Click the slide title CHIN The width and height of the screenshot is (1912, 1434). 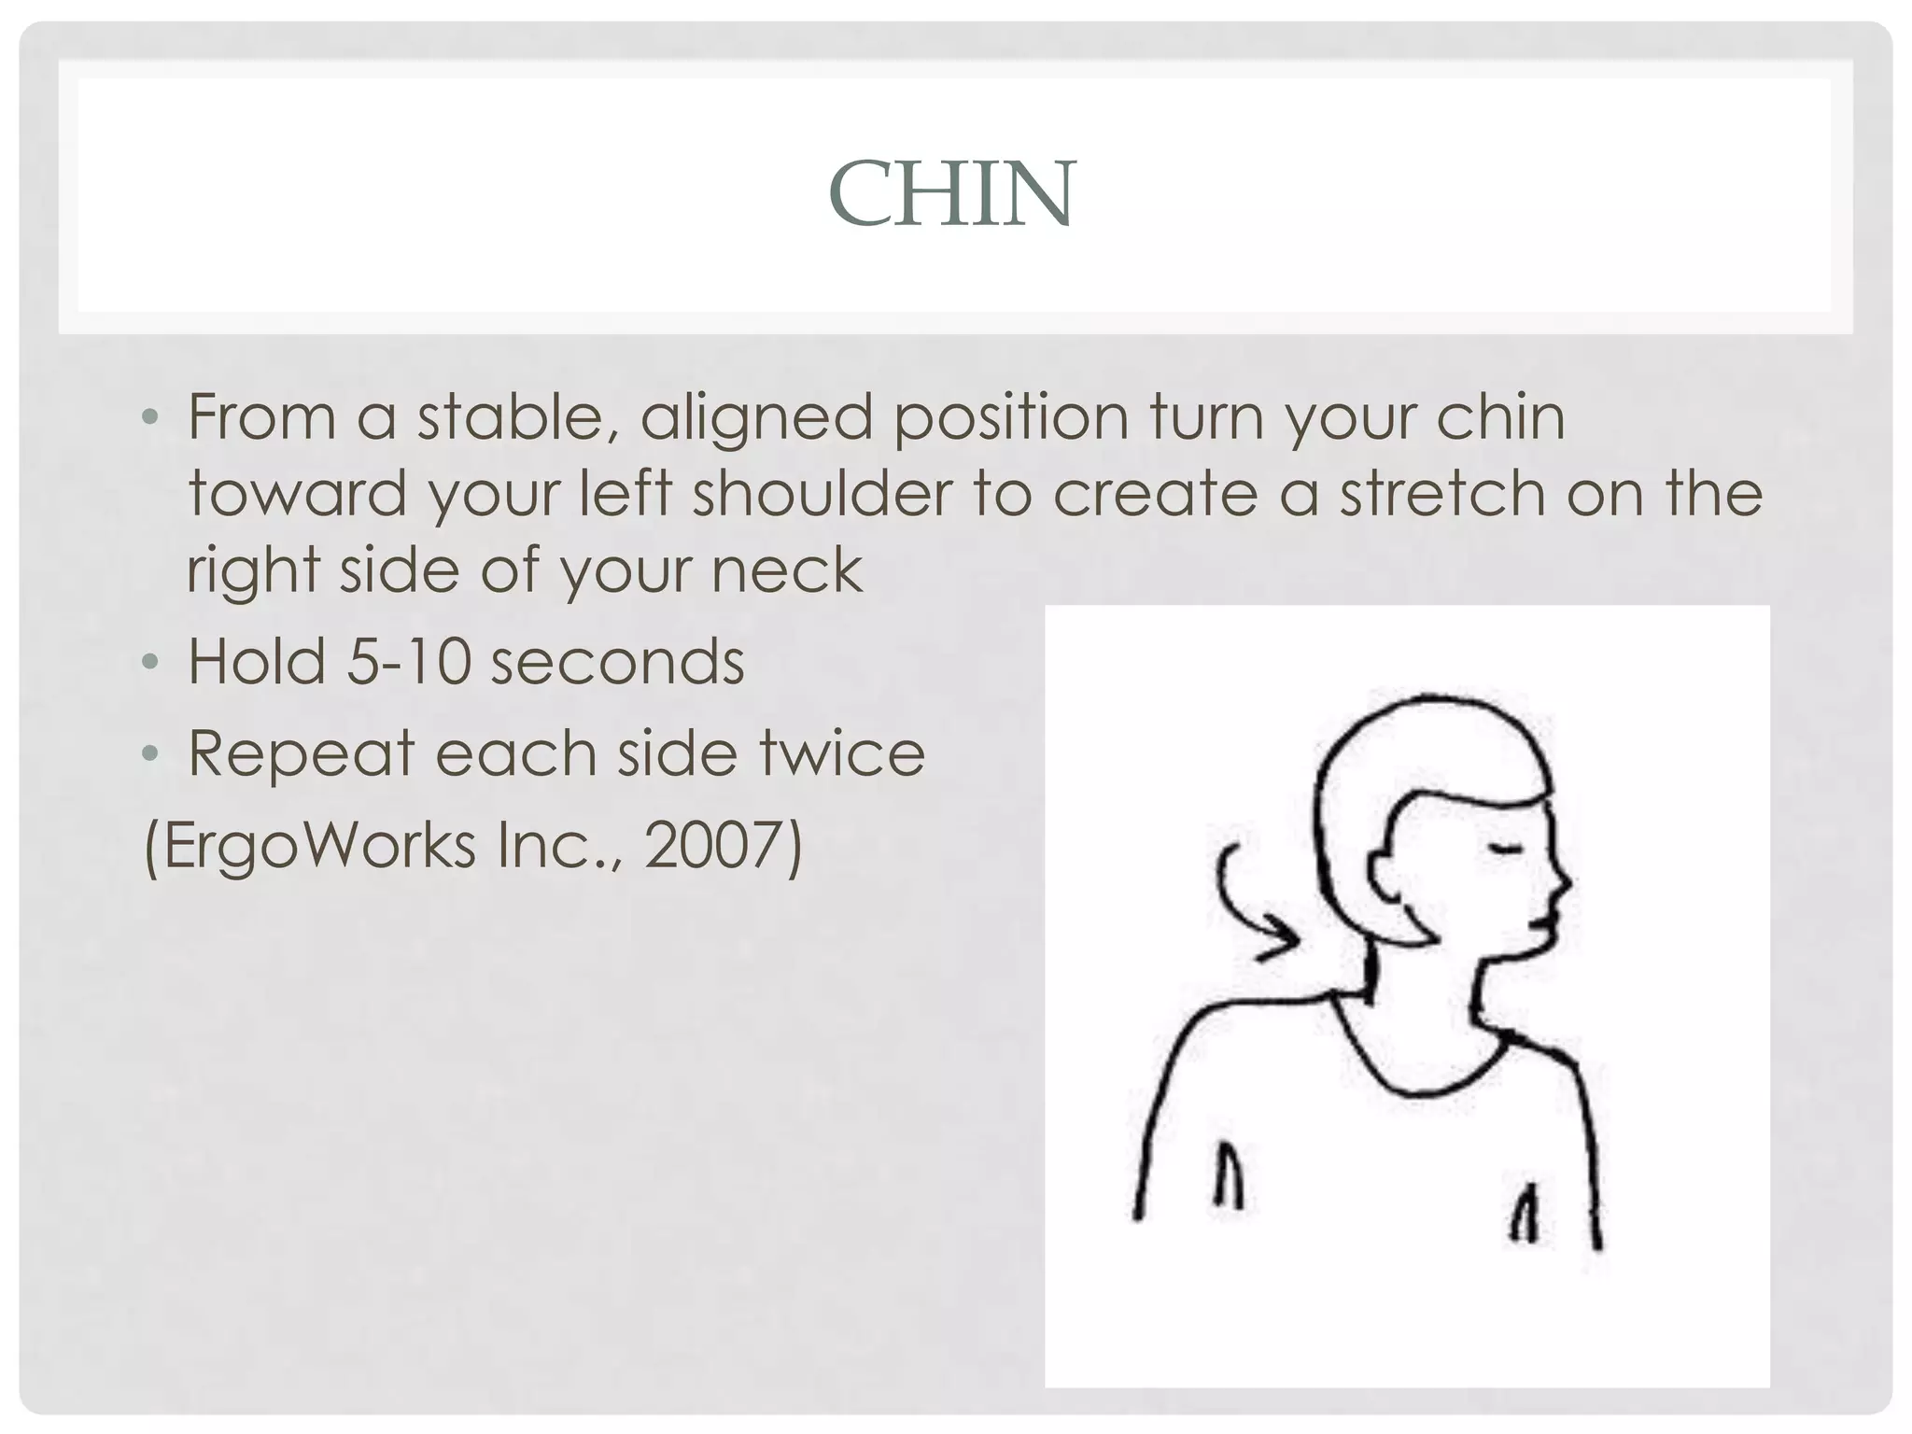pyautogui.click(x=952, y=194)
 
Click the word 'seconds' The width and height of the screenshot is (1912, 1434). pyautogui.click(x=617, y=662)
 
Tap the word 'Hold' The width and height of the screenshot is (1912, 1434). pyautogui.click(x=257, y=662)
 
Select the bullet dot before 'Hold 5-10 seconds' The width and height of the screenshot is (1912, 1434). pyautogui.click(x=150, y=663)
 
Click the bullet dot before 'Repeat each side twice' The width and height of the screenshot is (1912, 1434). pyautogui.click(x=150, y=754)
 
